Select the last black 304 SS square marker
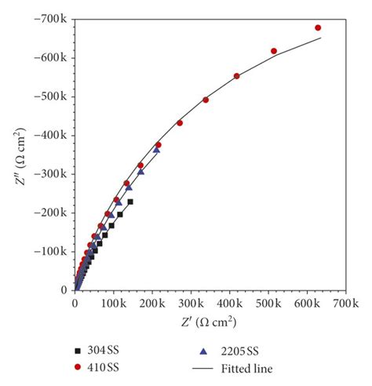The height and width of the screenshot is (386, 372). click(x=130, y=202)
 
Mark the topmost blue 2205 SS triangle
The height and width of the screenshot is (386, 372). click(x=156, y=149)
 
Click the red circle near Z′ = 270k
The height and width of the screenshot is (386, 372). click(x=180, y=123)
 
